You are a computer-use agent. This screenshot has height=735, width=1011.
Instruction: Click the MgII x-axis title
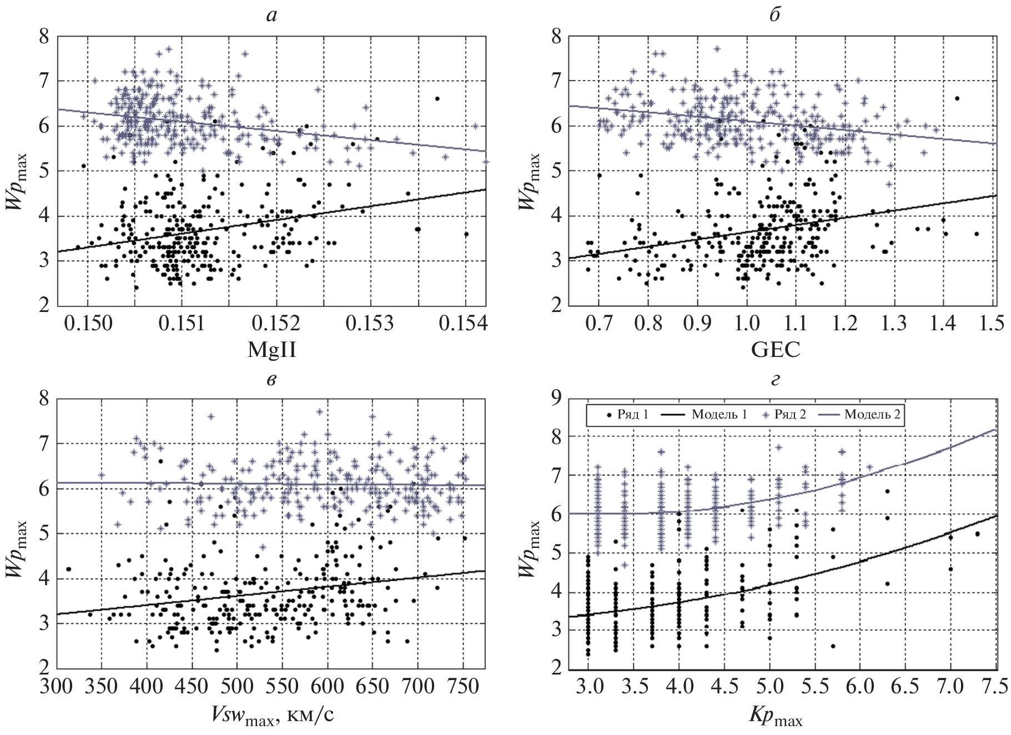271,350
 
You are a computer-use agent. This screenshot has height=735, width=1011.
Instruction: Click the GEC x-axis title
775,350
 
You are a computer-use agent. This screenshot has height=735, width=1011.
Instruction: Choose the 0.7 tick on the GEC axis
598,323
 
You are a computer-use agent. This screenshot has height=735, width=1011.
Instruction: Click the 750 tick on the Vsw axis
462,686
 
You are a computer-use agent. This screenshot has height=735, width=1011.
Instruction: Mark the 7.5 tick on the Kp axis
994,686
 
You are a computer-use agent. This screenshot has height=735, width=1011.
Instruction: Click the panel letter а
271,16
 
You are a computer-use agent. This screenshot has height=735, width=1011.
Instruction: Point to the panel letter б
774,15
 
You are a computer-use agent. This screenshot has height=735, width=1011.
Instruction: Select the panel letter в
271,380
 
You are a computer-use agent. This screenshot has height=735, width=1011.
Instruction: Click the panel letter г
775,380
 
